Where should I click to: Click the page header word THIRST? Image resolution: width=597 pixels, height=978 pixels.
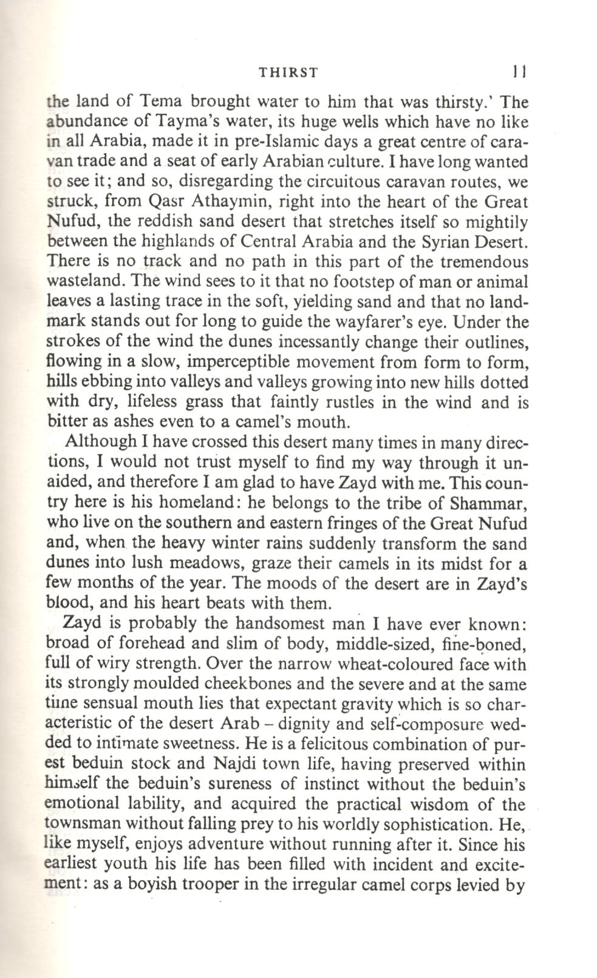pos(288,73)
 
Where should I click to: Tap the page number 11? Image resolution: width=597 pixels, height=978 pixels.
pos(518,72)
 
